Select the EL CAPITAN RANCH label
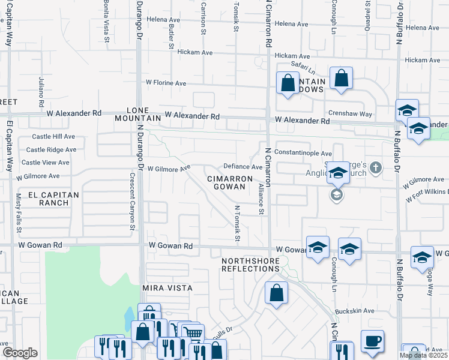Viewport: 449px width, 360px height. coord(53,199)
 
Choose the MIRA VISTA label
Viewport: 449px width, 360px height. coord(167,288)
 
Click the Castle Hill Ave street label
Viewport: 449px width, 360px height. coord(54,137)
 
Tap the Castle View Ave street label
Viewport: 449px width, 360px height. coord(46,163)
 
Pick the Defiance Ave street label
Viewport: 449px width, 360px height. coord(243,167)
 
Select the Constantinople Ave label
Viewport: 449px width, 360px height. coord(303,154)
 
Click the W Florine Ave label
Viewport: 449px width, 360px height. coord(166,83)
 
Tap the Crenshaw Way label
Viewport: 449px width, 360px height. coord(350,114)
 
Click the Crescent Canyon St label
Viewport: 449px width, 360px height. coord(132,202)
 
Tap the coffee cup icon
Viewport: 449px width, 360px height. coord(372,341)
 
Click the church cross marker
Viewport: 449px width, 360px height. coord(376,167)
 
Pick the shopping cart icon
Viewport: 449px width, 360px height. coord(191,332)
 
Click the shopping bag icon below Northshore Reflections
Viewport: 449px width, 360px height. coord(276,293)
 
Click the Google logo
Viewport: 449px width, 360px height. coord(20,352)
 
